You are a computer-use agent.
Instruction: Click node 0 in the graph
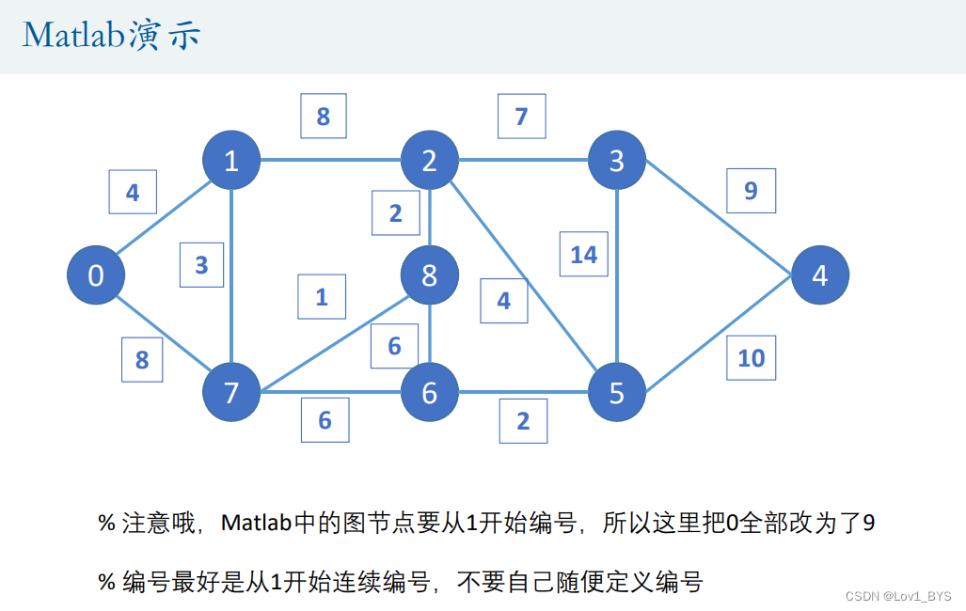(x=96, y=275)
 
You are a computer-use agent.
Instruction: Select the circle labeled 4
(x=820, y=275)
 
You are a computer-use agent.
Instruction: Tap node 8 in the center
(x=430, y=275)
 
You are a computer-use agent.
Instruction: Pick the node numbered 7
(x=231, y=393)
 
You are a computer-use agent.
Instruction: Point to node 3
(x=617, y=161)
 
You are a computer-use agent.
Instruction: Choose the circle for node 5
(x=617, y=393)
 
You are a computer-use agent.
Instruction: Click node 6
(x=430, y=393)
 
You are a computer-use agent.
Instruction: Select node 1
(x=231, y=161)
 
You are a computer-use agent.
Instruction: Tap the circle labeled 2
(x=430, y=161)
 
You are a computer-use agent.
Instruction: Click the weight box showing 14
(x=584, y=254)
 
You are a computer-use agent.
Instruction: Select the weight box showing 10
(x=752, y=357)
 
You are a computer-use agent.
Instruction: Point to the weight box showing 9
(x=751, y=191)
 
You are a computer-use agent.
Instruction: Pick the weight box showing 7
(x=522, y=117)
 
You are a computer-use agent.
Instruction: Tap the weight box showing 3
(x=201, y=264)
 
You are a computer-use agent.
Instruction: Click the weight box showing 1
(x=322, y=297)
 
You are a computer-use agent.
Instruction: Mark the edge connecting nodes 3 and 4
(x=720, y=218)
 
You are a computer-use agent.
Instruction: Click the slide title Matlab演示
(x=111, y=36)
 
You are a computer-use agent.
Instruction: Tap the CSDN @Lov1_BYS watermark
(x=898, y=596)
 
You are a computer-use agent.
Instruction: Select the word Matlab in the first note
(x=257, y=523)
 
